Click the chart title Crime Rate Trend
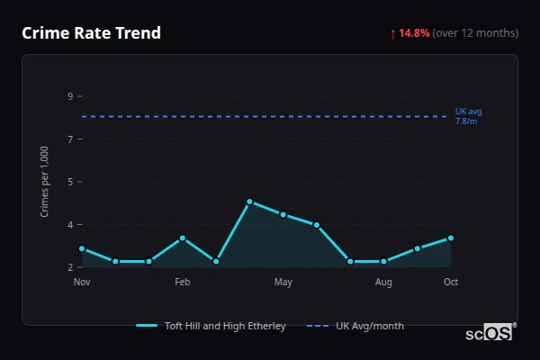91,33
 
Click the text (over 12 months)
475,33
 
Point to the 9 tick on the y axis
70,96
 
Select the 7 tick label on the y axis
70,139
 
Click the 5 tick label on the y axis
70,182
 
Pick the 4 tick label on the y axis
70,224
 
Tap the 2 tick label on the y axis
70,267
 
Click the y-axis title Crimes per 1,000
45,182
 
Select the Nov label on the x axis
82,283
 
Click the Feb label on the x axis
183,283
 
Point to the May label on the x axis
283,283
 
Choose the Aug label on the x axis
383,283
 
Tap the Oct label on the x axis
451,283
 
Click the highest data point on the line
249,202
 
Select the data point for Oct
451,238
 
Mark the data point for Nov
82,248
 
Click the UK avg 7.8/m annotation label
468,116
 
